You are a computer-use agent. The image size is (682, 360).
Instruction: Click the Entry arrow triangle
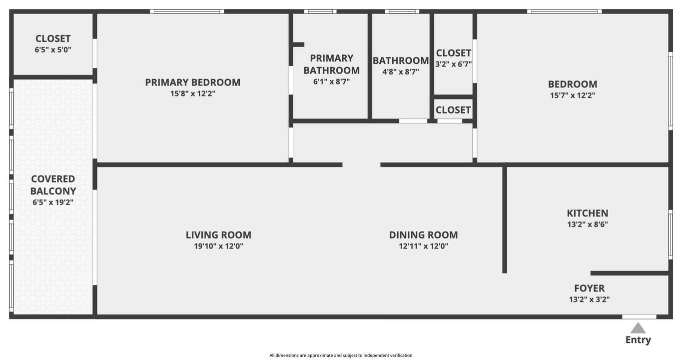638,328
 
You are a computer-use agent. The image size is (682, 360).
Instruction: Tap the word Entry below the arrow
638,340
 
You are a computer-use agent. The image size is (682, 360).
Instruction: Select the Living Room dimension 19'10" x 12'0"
218,246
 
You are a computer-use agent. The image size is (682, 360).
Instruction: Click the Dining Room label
423,235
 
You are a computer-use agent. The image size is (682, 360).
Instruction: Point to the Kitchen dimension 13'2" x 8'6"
588,224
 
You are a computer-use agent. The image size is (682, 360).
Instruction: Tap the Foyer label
589,288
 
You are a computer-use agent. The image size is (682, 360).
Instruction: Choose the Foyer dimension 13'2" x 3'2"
589,299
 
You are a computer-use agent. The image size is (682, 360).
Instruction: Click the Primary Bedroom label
193,82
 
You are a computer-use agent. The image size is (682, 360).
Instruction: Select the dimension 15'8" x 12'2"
193,93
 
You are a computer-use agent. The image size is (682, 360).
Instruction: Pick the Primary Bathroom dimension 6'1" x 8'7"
331,81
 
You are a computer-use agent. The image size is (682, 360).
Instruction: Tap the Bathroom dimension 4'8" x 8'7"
401,71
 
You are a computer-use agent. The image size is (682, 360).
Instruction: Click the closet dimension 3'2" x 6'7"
453,64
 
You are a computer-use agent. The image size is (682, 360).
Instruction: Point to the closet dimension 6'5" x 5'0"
53,49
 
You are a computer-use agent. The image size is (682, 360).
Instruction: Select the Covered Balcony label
53,185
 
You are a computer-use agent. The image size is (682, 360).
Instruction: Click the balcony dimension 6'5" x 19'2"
53,202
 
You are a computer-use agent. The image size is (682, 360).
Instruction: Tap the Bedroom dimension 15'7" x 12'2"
573,95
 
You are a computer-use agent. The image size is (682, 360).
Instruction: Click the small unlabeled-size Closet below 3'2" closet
453,110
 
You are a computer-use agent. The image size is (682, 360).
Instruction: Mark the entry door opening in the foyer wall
639,316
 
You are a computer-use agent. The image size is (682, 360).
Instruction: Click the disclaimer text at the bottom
341,355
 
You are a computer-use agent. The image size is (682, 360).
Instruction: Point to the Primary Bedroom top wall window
187,11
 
